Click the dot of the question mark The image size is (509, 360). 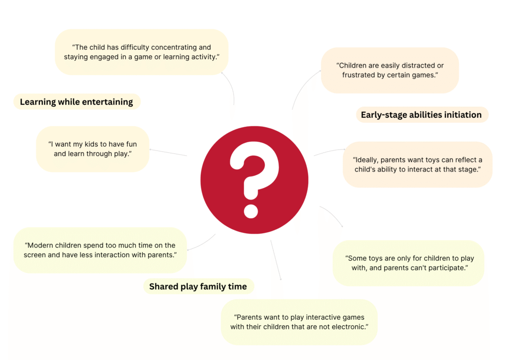pos(251,211)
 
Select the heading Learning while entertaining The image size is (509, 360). pos(77,102)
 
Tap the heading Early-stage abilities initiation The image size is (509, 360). pos(422,115)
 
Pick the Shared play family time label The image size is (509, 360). pos(198,286)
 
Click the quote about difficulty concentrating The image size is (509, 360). pos(142,52)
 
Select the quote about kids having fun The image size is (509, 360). pos(92,149)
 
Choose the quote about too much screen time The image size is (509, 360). pos(100,250)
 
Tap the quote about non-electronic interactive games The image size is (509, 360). pos(299,322)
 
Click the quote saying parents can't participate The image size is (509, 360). pos(410,263)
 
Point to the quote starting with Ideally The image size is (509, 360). pos(418,164)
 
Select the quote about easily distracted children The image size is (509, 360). pos(390,70)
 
